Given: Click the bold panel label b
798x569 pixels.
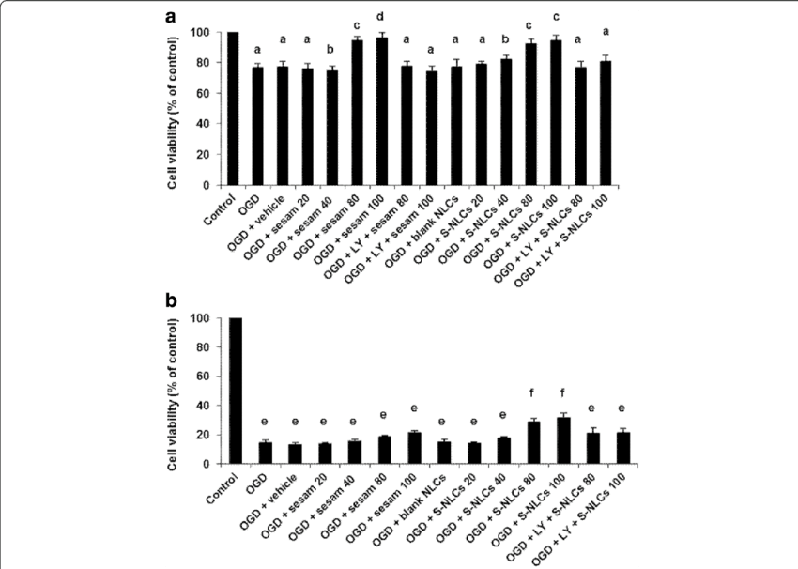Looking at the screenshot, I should pos(172,302).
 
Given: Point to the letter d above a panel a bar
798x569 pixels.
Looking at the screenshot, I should pos(381,18).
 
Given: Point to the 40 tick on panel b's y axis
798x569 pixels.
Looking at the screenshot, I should pos(200,406).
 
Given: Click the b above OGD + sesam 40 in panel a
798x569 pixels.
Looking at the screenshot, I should pos(331,49).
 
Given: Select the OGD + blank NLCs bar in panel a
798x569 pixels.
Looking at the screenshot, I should pos(456,127).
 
